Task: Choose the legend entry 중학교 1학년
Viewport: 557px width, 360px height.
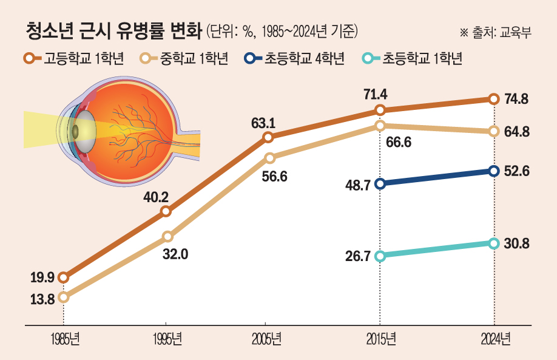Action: (185, 58)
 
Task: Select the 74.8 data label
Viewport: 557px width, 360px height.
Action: (517, 99)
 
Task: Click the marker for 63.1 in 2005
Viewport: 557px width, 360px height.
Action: (268, 138)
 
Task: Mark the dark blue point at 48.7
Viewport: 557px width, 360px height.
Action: (380, 184)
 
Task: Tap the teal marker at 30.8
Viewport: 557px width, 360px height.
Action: (494, 243)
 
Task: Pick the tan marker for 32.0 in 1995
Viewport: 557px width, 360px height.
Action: (168, 236)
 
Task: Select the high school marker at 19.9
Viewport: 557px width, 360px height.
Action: (64, 278)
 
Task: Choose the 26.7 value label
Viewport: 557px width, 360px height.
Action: (358, 256)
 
